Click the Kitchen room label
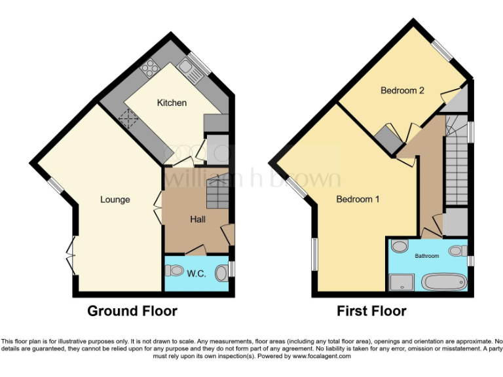click(x=172, y=103)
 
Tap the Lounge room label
click(x=115, y=200)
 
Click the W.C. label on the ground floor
click(x=196, y=274)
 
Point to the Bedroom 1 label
click(x=358, y=199)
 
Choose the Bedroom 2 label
click(x=403, y=91)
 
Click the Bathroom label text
click(x=426, y=256)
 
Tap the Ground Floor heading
click(x=132, y=311)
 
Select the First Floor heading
click(x=371, y=311)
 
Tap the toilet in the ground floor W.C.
click(x=174, y=272)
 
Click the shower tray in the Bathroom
click(x=398, y=282)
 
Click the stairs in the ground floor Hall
click(x=215, y=190)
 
